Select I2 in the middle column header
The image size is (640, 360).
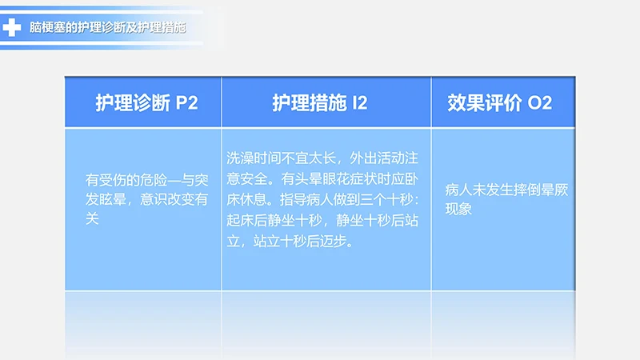click(359, 103)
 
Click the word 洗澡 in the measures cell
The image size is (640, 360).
click(239, 157)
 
